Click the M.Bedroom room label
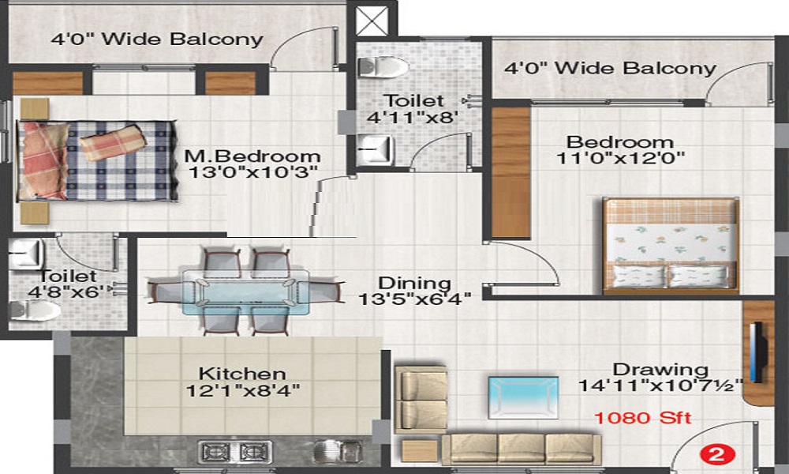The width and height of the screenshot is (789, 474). coord(252,156)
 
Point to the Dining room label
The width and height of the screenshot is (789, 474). coord(414,283)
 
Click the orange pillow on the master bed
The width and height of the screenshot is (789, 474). coord(112,142)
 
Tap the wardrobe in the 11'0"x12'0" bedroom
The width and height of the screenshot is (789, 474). coord(510,172)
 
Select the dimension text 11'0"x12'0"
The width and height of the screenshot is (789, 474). coord(620,157)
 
